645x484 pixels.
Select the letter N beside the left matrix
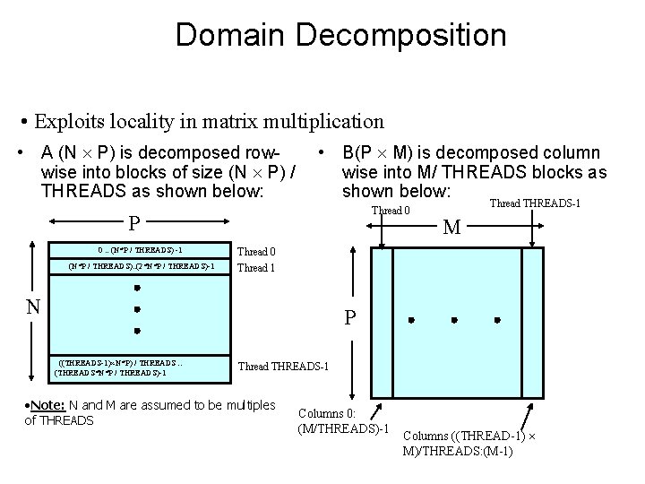(32, 307)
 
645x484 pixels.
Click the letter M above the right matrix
(453, 228)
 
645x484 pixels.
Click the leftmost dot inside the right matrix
(411, 320)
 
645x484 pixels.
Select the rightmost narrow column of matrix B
(528, 320)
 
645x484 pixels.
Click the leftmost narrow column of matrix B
(381, 320)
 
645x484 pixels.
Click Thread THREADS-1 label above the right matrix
(535, 203)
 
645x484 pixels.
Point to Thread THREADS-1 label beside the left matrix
(284, 367)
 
